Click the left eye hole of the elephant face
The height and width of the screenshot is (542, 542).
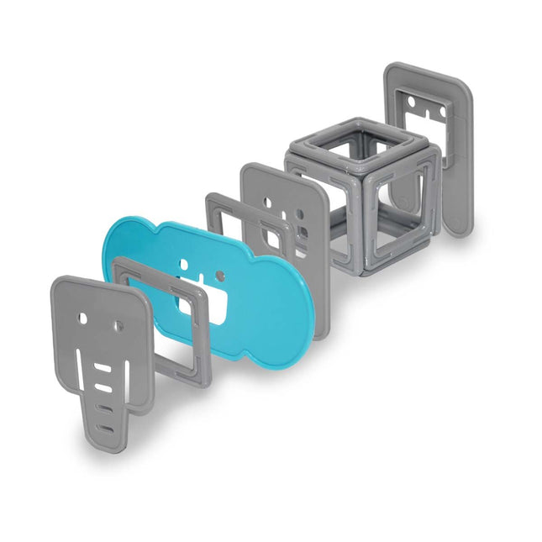[82, 320]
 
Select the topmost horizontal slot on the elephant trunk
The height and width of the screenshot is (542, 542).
[101, 369]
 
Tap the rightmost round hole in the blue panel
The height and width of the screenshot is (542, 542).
[220, 275]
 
